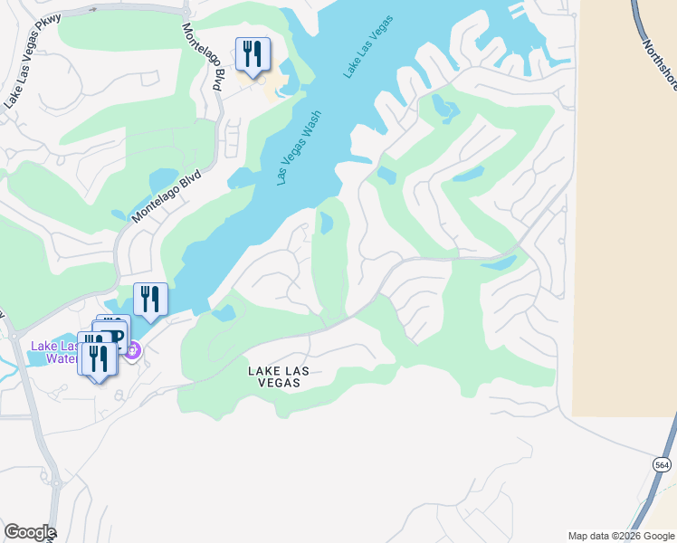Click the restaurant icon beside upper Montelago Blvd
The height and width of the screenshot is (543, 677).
(x=253, y=53)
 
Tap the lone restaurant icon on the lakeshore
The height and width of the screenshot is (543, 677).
(x=150, y=299)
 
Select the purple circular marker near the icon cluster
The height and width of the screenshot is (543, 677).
(x=132, y=349)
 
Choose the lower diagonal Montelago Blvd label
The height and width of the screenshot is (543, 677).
(x=166, y=198)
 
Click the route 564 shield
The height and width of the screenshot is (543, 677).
(x=663, y=463)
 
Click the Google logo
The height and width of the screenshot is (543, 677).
(x=29, y=532)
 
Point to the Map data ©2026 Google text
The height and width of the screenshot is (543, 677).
(x=620, y=535)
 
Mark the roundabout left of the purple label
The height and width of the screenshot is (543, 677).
(x=14, y=336)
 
